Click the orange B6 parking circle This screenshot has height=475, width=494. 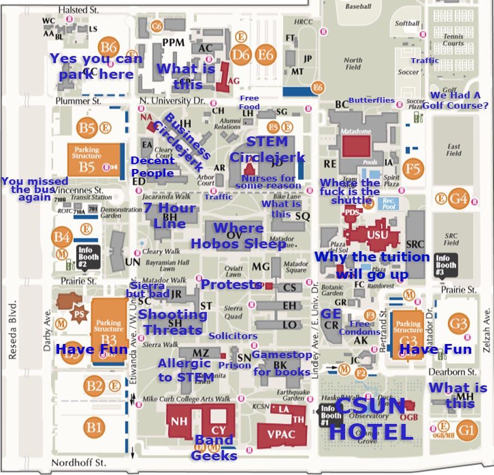coord(109,47)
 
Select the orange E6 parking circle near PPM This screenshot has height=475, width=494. coord(266,54)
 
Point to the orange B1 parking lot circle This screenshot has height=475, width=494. coord(94,427)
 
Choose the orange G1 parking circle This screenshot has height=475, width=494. coord(466,430)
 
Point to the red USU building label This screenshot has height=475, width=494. coord(378,235)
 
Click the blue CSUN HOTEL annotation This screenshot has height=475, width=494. coord(371,419)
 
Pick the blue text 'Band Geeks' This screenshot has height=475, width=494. coord(214,447)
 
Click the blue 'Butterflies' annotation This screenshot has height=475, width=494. coord(371,100)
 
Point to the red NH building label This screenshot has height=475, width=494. coord(179,421)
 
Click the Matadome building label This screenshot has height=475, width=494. coord(355,132)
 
